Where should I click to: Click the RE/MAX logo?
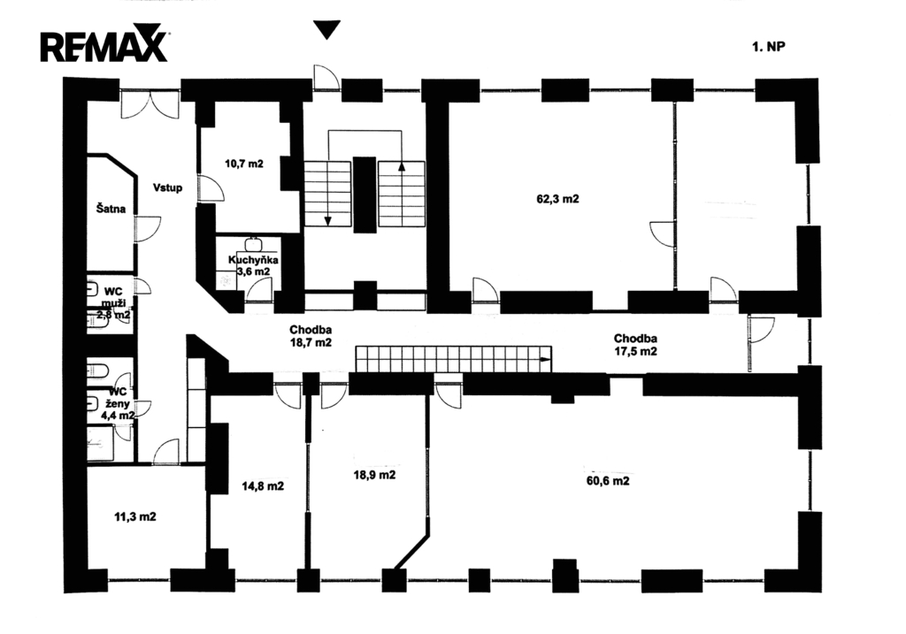[104, 44]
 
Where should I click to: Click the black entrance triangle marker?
[327, 30]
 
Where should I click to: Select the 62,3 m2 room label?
[557, 199]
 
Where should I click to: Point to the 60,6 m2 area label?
[608, 481]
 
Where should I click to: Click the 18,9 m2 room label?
[373, 474]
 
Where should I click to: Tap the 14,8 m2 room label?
[263, 485]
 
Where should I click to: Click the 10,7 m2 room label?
[243, 164]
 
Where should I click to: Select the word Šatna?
[111, 210]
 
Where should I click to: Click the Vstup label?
[167, 187]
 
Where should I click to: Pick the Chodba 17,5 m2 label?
[635, 344]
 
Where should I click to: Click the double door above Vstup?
[150, 104]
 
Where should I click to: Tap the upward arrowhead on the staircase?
[402, 164]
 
